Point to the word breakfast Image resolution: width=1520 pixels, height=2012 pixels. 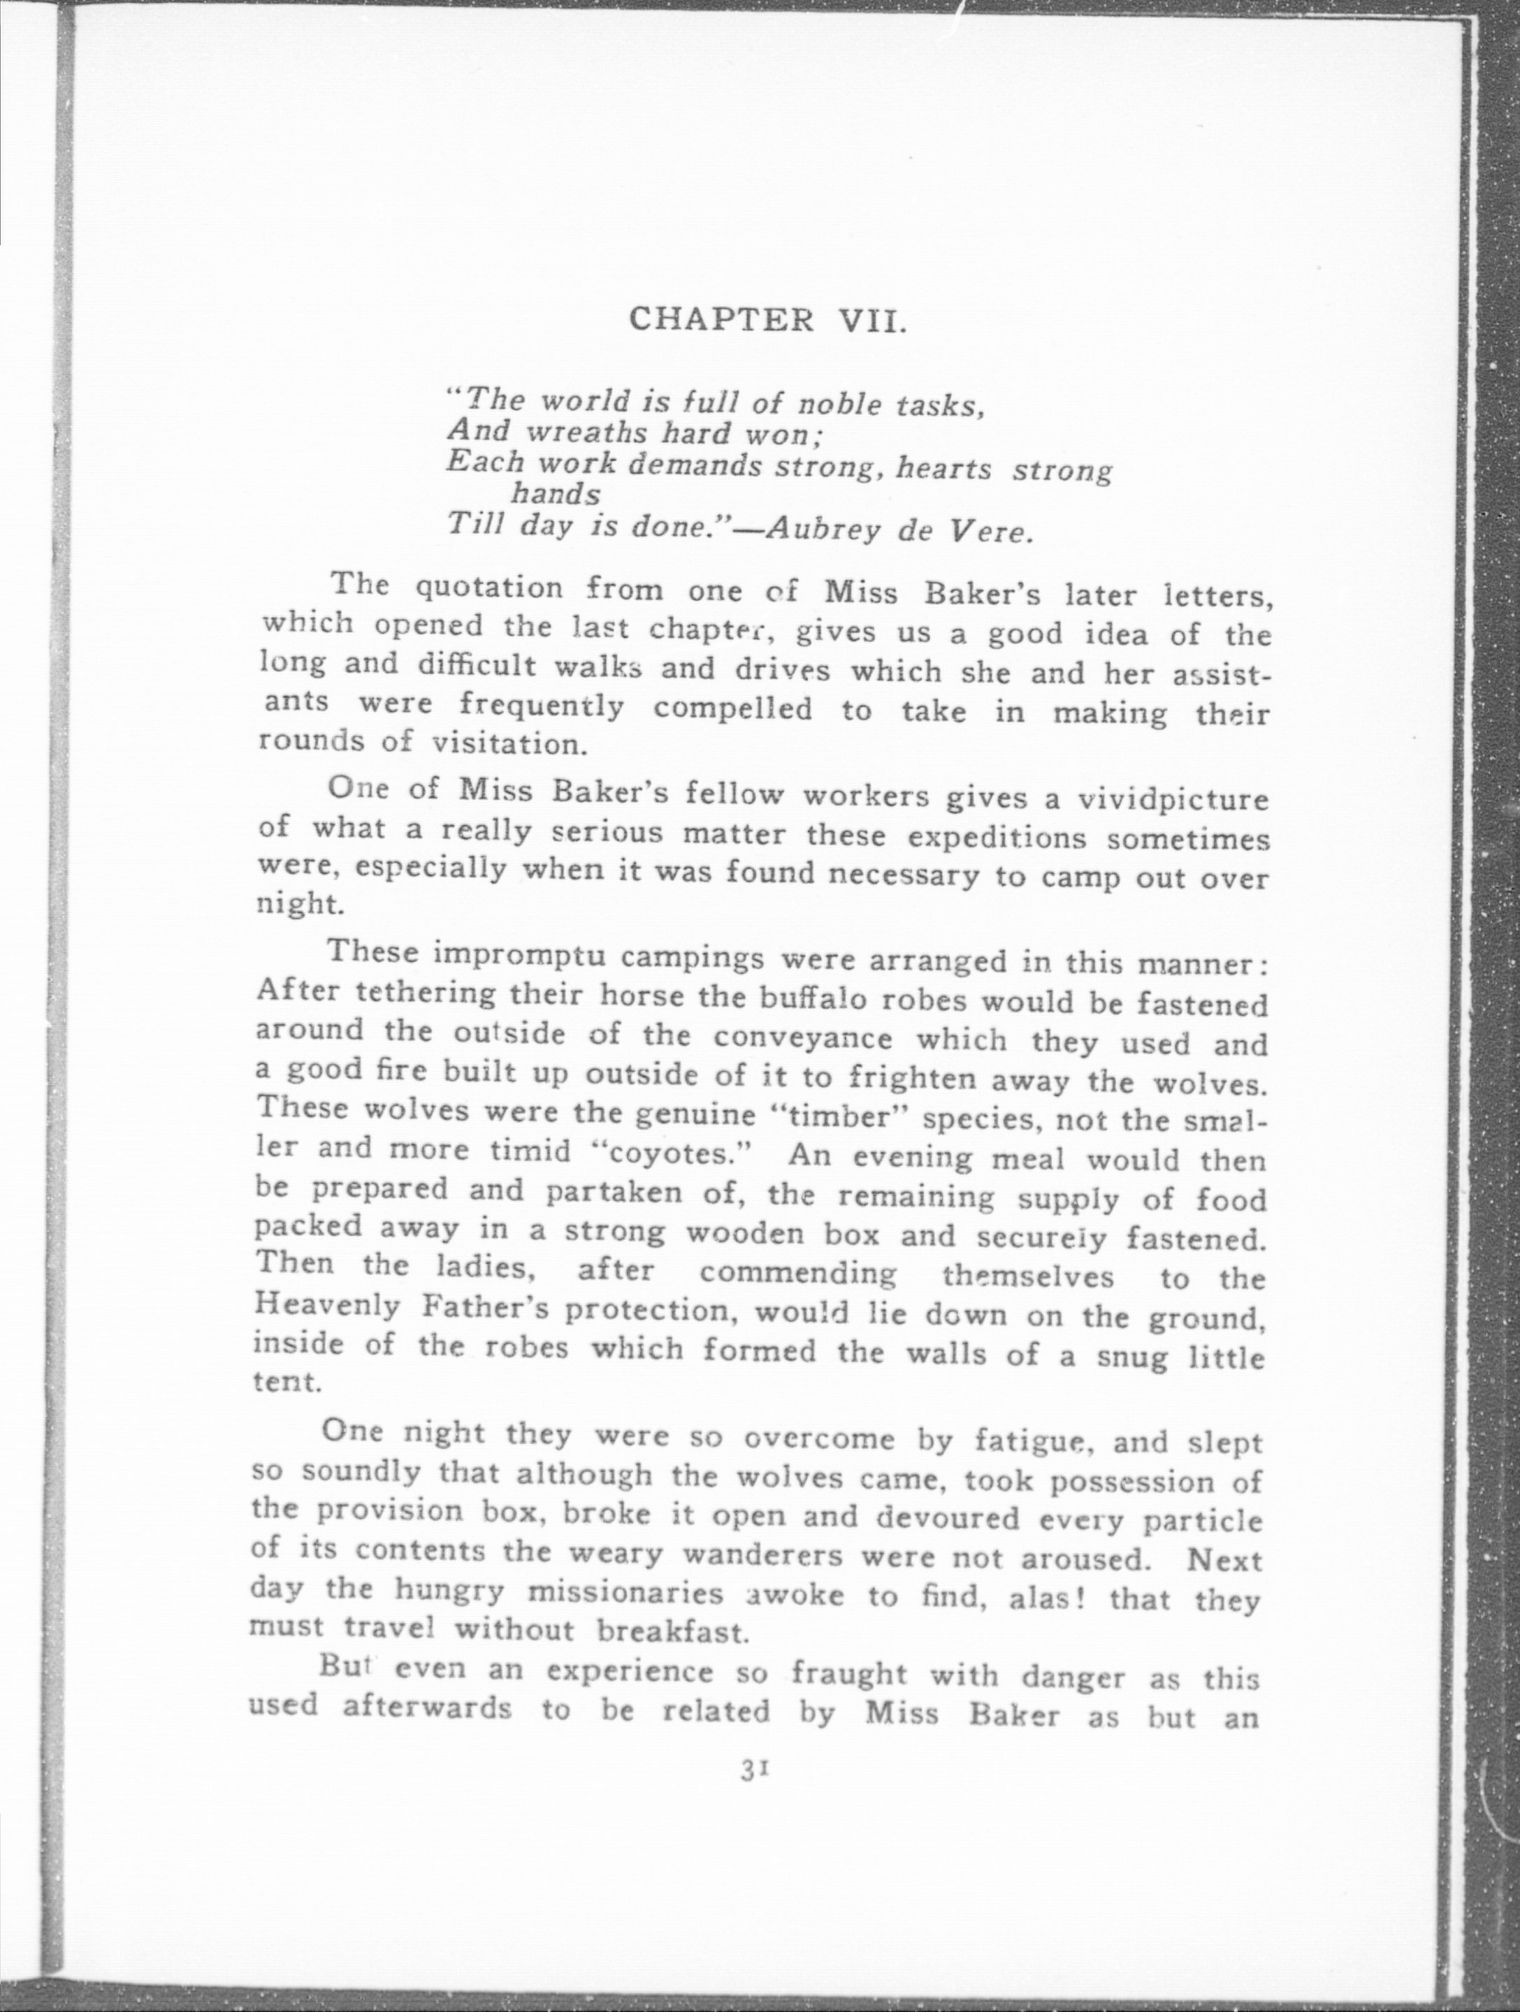[x=672, y=1633]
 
